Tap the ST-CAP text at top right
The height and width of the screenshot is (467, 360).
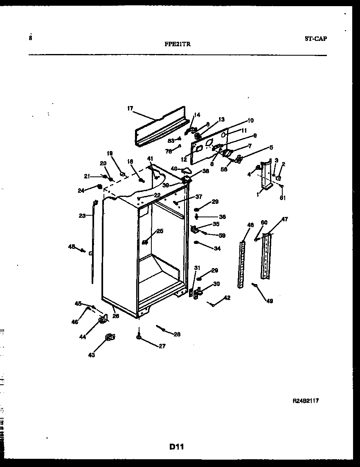pos(315,39)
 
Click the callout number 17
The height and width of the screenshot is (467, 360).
pos(130,108)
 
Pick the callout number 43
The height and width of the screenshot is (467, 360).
pos(91,355)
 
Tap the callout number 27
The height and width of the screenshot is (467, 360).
pos(162,346)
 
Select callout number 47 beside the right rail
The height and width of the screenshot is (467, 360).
pos(284,219)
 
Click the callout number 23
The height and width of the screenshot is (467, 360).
pos(82,216)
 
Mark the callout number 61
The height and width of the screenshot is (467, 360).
pos(283,198)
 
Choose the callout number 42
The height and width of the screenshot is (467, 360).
pos(227,298)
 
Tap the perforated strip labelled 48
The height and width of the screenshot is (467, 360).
pos(242,264)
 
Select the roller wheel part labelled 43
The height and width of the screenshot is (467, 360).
pos(110,337)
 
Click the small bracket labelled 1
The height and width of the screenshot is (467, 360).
pos(266,176)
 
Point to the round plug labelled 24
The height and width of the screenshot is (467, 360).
pos(99,187)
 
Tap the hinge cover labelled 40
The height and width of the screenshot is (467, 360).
pos(187,170)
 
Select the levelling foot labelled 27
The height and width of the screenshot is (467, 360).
pos(139,336)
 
